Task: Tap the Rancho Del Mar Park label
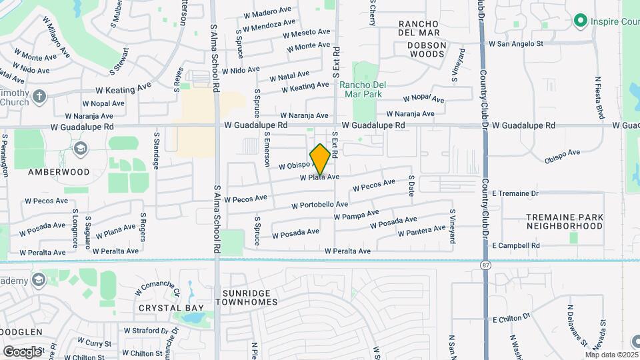pos(361,89)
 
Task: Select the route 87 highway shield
pos(485,265)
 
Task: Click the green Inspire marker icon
pos(580,21)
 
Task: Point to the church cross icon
pos(40,97)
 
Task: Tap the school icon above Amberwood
pos(81,149)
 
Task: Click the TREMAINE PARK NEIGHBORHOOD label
pos(565,221)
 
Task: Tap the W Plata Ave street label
pos(320,177)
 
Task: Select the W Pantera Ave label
pos(421,231)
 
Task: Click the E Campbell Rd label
pos(515,246)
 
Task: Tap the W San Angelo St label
pos(517,44)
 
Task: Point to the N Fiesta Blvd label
pos(599,98)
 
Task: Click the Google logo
pos(22,351)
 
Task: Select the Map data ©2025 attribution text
pos(611,355)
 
